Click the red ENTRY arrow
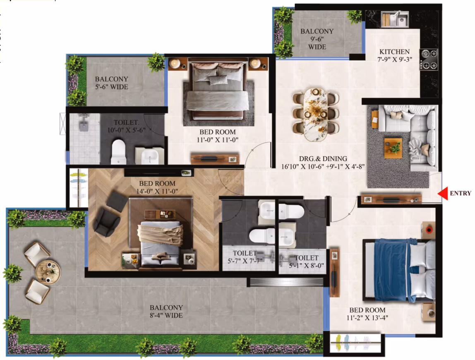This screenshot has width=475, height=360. (443, 193)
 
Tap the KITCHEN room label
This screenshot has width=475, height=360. (394, 52)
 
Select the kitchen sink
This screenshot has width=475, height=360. (395, 19)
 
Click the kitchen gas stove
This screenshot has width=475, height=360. (429, 60)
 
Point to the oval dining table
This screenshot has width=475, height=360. (316, 115)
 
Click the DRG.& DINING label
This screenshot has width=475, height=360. (323, 159)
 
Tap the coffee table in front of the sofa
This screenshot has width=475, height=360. (393, 148)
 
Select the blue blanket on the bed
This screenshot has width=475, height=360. (391, 270)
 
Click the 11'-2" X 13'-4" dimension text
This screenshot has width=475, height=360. (367, 318)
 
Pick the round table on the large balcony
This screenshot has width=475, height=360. (48, 272)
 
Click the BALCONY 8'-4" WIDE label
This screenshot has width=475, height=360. (166, 312)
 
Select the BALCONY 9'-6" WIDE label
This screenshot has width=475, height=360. (317, 39)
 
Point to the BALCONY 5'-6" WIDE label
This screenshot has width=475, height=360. (111, 83)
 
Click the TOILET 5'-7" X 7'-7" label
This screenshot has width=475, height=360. (245, 257)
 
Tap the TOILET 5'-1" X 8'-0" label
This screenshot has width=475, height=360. (306, 262)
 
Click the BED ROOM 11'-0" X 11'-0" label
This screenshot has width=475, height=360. (218, 136)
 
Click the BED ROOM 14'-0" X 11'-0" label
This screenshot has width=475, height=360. (157, 187)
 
